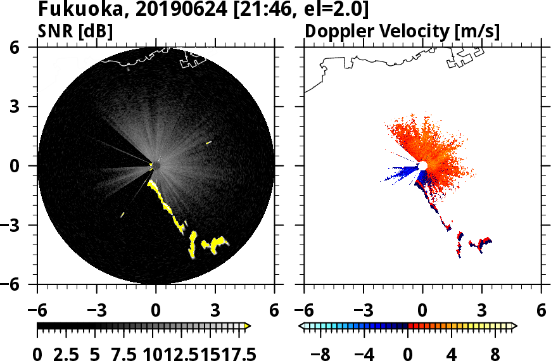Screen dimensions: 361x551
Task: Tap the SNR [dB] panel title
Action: [x=75, y=30]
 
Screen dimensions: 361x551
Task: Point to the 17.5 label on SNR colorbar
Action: [x=236, y=353]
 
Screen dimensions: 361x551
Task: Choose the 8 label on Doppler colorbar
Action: [x=495, y=353]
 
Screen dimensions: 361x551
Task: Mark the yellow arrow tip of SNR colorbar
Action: [x=248, y=326]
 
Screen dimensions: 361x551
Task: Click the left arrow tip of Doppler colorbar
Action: [x=301, y=326]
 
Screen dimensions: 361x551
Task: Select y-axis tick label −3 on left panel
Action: [x=22, y=225]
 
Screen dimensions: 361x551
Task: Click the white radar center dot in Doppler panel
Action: [x=422, y=166]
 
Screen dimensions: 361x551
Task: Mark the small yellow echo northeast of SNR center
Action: [x=208, y=143]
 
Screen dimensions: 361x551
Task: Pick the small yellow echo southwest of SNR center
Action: [x=122, y=215]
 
